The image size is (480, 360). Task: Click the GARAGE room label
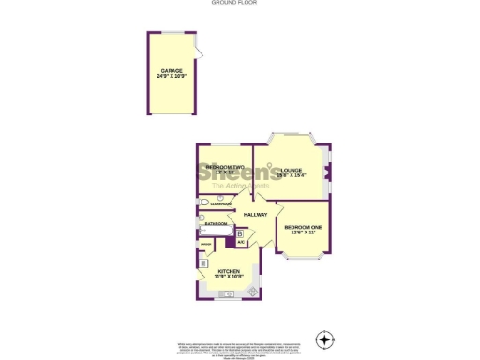[x=171, y=70]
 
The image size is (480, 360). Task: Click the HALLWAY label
[x=256, y=215]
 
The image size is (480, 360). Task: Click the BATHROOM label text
[x=217, y=224]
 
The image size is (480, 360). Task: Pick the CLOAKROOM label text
[x=221, y=203]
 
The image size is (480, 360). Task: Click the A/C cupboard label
[x=241, y=243]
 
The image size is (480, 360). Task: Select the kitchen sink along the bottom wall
[x=229, y=294]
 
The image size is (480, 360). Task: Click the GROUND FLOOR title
[x=239, y=3]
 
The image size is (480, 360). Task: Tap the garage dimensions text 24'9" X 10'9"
[x=171, y=77]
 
